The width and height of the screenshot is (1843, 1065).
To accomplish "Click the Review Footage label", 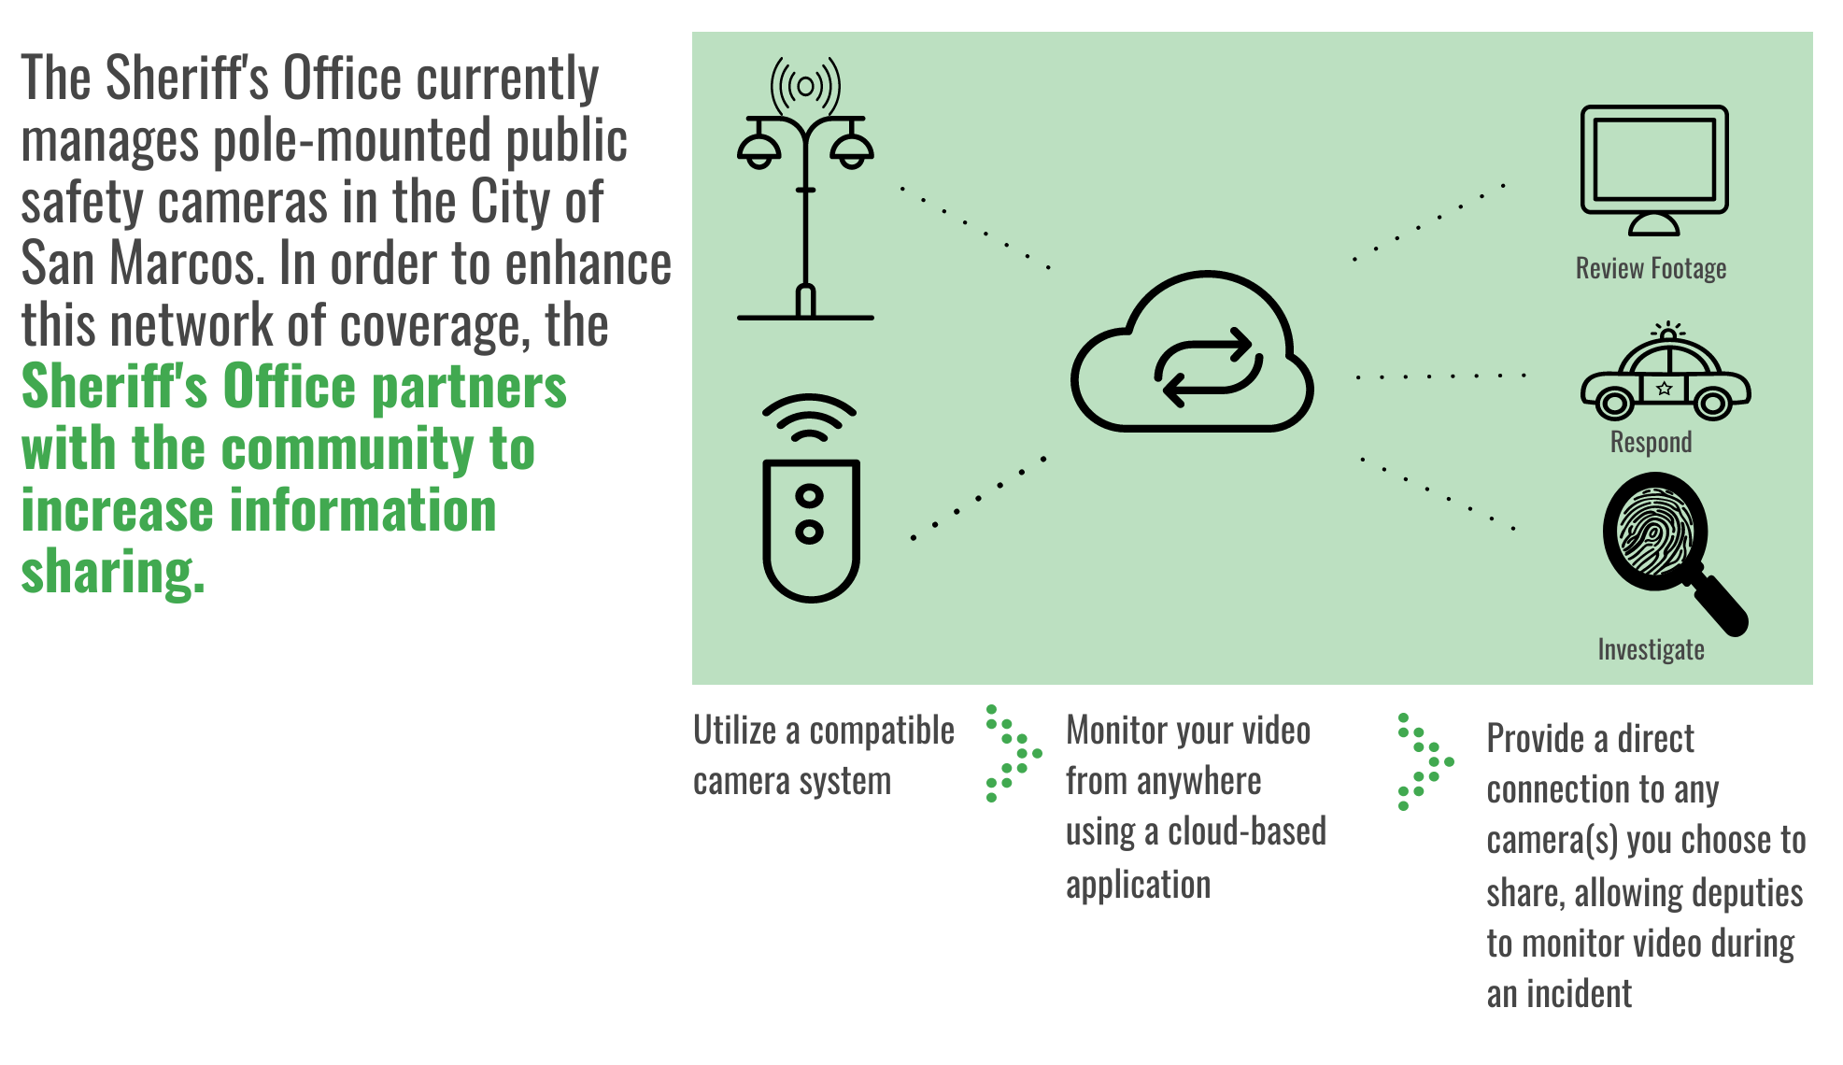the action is [1651, 269].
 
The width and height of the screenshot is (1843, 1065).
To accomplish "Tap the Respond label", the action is [1651, 442].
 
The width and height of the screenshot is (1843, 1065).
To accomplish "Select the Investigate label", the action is [1651, 649].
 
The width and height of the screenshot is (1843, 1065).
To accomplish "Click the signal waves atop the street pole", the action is [805, 87].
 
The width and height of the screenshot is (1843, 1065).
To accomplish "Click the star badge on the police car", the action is [1664, 388].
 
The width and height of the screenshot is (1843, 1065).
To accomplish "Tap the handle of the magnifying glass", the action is [1720, 605].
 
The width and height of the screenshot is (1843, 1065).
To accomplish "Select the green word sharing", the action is [113, 573].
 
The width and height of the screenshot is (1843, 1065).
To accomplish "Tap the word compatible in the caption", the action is [882, 731].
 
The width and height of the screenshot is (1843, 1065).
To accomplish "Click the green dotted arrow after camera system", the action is [1014, 753].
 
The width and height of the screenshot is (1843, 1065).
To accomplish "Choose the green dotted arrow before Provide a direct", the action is [1425, 761].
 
